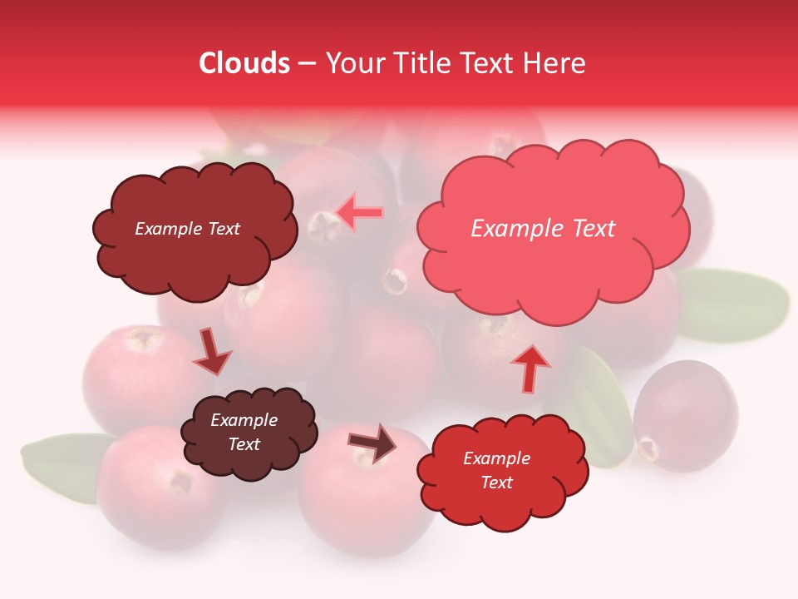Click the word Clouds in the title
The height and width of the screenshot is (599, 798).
[x=244, y=63]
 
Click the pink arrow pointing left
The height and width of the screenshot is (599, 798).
[x=361, y=212]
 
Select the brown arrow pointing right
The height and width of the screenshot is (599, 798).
[x=373, y=442]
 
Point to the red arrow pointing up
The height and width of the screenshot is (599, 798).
[x=530, y=369]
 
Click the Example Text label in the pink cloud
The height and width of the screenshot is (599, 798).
[x=543, y=229]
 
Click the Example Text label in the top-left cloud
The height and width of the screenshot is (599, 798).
[x=187, y=229]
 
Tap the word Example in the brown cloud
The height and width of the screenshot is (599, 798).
[x=244, y=420]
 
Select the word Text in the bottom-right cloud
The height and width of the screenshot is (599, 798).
[x=497, y=483]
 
